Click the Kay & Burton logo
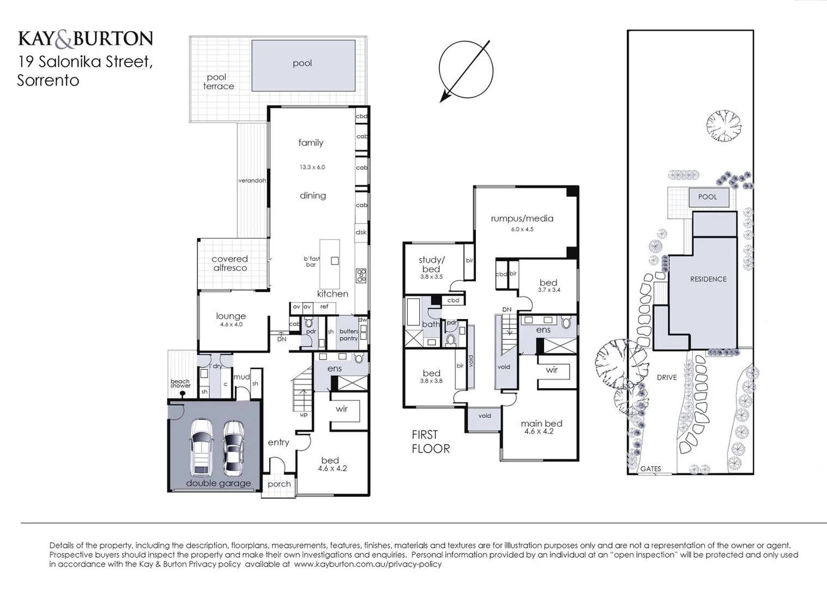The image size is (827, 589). [85, 39]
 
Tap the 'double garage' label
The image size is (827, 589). [219, 483]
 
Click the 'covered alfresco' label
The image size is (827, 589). [230, 263]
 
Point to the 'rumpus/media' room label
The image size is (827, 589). [522, 219]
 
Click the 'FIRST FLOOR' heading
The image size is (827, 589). [430, 442]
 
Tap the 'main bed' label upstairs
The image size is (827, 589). [541, 424]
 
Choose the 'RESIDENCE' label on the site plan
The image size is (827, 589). [708, 279]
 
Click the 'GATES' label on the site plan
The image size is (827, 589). [650, 469]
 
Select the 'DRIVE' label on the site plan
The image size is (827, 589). [666, 377]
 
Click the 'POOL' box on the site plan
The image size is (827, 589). [707, 197]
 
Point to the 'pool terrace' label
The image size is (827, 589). [218, 82]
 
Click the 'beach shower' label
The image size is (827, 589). [180, 383]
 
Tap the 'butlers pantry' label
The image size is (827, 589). [348, 335]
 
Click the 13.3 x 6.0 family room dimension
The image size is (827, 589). [312, 167]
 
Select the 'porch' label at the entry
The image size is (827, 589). [279, 484]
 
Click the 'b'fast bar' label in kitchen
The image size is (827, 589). [312, 262]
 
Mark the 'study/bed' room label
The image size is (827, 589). [431, 265]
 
